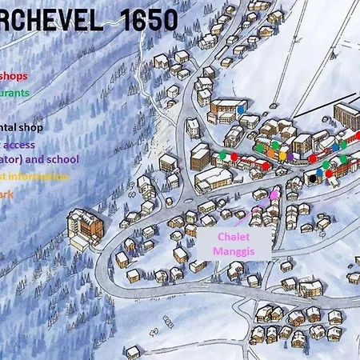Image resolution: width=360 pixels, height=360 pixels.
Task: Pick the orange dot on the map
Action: [272, 153]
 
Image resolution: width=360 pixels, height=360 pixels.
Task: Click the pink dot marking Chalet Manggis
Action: [274, 194]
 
